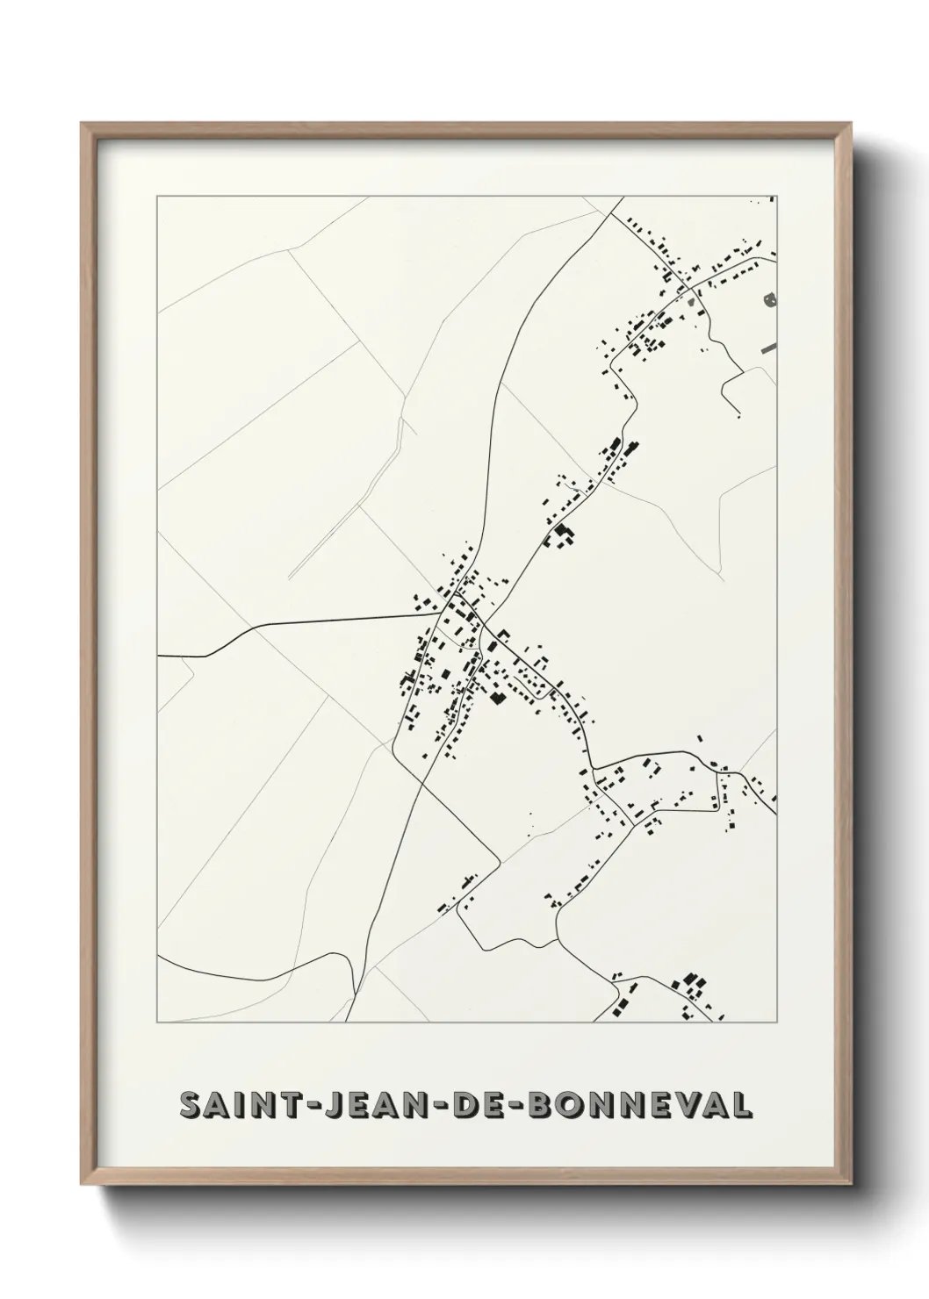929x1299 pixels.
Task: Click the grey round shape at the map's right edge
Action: pyautogui.click(x=771, y=300)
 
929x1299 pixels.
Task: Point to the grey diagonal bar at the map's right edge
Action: pyautogui.click(x=769, y=348)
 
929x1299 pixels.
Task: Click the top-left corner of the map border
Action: pyautogui.click(x=157, y=197)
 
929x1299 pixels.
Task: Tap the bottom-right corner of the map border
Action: pyautogui.click(x=776, y=1023)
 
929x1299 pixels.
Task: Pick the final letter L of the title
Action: pyautogui.click(x=741, y=1104)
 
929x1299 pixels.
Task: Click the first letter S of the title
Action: pyautogui.click(x=190, y=1104)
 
